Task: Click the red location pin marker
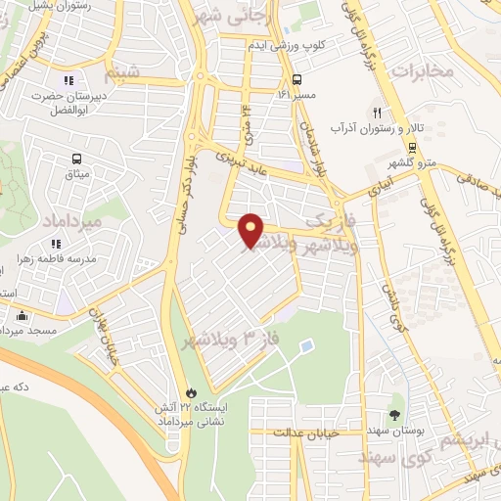pos(251,230)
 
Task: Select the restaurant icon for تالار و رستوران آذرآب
pos(377,113)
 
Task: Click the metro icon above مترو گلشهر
pos(412,147)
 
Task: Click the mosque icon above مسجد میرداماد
pos(23,315)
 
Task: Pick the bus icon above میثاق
pos(76,159)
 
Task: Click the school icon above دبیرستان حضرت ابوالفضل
pos(68,80)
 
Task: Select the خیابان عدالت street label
pos(305,432)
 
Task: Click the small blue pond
pos(307,346)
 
